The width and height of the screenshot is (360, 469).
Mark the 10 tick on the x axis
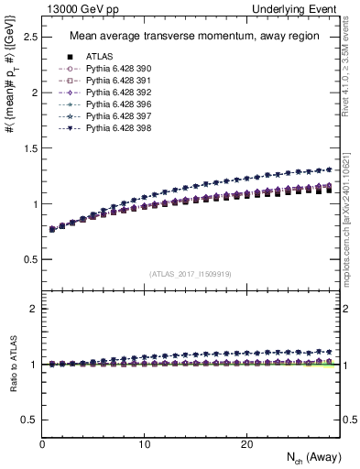[144, 444]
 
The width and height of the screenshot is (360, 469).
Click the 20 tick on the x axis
[245, 444]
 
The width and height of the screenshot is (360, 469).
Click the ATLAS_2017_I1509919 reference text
[191, 273]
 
